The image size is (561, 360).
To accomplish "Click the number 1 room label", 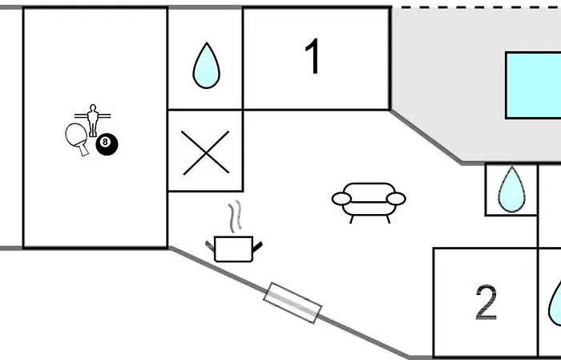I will pyautogui.click(x=313, y=58).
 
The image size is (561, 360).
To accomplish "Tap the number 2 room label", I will pyautogui.click(x=486, y=303).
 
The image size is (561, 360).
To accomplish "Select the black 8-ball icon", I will pyautogui.click(x=107, y=144).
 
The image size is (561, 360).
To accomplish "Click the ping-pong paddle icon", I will pyautogui.click(x=76, y=136).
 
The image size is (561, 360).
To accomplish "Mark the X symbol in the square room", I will pyautogui.click(x=205, y=151).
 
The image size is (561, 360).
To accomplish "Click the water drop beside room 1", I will pyautogui.click(x=205, y=67).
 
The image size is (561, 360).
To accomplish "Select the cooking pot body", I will pyautogui.click(x=234, y=249).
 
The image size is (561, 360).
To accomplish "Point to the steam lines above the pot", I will pyautogui.click(x=234, y=216).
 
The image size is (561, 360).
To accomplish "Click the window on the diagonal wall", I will pyautogui.click(x=293, y=302).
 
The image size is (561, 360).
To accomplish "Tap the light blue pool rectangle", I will pyautogui.click(x=533, y=84).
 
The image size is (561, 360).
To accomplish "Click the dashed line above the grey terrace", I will pyautogui.click(x=473, y=7).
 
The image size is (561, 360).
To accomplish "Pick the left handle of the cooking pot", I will pyautogui.click(x=211, y=243).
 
